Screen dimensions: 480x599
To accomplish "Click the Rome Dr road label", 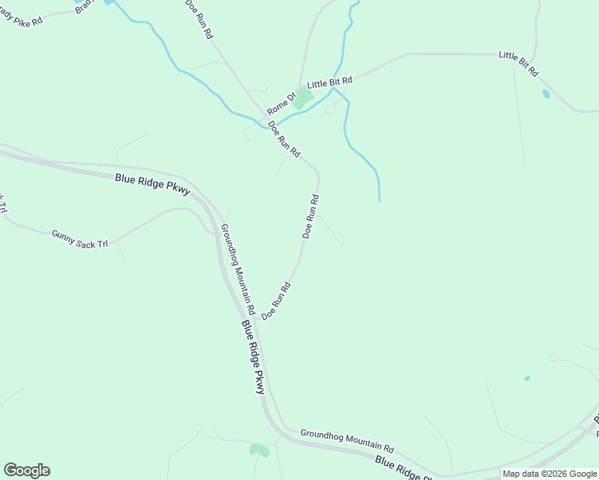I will coord(282,102).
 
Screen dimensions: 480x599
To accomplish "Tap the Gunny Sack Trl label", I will coord(79,238).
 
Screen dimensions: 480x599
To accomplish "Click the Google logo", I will coord(26,470).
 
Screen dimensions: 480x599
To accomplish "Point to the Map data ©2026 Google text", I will coord(550,474).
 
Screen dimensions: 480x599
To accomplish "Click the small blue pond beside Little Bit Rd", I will coord(546,94).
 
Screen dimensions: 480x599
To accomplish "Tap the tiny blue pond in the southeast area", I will coord(526,378).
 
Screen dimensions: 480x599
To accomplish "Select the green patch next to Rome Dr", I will coord(302,99).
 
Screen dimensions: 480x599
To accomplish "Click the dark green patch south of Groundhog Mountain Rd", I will coord(259,450).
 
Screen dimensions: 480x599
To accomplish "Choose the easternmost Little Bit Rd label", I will coord(518,64).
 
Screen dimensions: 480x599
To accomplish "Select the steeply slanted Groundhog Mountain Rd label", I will coord(238,269).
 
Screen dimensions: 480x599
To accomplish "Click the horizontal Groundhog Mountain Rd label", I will coord(348,441).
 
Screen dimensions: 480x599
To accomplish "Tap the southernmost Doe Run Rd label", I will coord(275,301).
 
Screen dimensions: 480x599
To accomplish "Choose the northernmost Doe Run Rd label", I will coord(199,19).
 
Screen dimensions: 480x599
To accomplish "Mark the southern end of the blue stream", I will coord(379,200).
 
